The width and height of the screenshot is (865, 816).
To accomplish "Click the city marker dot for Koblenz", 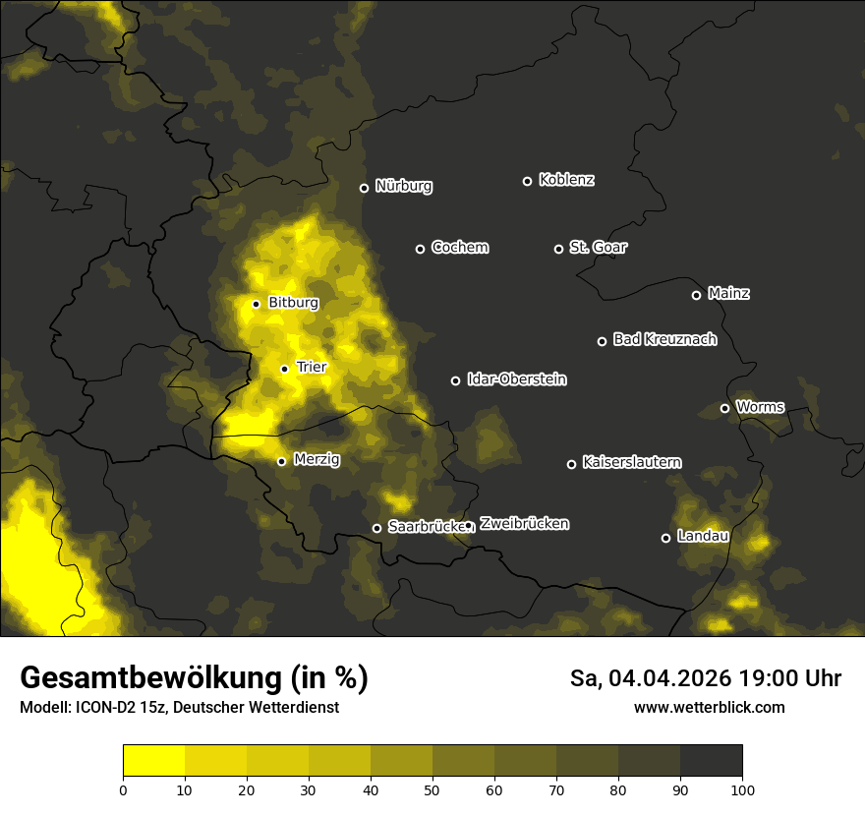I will (527, 181).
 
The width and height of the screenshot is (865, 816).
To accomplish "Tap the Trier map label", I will (311, 367).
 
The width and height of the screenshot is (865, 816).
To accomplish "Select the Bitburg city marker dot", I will (256, 304).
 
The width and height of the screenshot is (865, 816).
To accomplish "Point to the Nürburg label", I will (403, 186).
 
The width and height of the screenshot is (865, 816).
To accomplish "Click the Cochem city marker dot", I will (420, 249).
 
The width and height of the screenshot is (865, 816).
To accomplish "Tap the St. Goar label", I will (598, 247).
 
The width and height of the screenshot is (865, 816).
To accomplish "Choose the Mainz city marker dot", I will (696, 295).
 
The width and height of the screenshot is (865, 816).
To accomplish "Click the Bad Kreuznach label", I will (664, 339).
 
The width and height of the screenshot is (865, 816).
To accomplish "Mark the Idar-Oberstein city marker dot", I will (455, 380).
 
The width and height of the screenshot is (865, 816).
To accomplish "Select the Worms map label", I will (760, 406).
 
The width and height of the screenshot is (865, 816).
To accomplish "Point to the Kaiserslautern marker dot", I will (571, 464).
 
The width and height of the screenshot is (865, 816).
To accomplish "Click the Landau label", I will (703, 536).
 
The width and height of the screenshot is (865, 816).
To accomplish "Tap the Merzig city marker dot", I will (281, 461).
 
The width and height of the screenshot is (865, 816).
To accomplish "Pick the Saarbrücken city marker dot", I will (376, 528).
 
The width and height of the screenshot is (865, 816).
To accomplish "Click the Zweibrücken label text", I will (524, 523).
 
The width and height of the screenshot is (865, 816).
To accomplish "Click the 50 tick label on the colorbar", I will (432, 789).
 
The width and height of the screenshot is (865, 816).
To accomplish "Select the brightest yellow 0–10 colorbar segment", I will (153, 761).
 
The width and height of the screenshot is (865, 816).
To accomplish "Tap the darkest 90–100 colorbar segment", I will (711, 761).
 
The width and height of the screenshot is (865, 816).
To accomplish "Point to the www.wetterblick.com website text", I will (709, 707).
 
